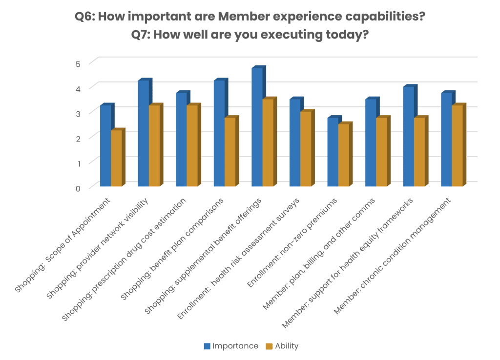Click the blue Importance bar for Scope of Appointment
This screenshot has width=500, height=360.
105,146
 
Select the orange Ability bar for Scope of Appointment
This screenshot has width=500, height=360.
116,159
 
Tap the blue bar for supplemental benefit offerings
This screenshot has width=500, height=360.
257,127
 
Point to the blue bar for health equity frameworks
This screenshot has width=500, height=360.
408,137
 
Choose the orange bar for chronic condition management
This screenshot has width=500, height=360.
457,146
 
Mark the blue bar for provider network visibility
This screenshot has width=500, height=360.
143,134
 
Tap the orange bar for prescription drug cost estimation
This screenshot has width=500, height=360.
192,146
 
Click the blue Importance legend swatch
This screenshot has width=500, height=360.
207,347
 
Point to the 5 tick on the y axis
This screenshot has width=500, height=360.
77,63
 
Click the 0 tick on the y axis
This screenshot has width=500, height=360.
77,188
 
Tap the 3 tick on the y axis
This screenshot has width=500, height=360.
77,113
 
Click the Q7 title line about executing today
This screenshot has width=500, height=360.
250,35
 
